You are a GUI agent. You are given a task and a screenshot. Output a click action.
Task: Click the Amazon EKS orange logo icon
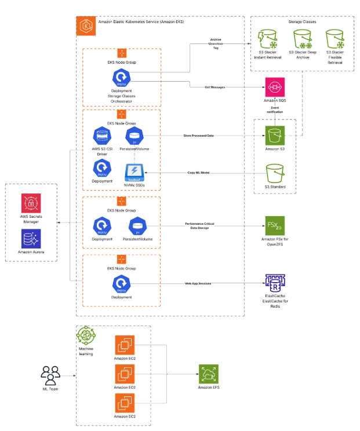point(86,27)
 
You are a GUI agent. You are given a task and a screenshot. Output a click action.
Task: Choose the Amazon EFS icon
point(209,374)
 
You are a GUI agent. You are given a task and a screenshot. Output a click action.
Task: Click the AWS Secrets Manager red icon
point(31,203)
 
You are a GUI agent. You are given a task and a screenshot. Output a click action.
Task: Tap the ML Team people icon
point(51,375)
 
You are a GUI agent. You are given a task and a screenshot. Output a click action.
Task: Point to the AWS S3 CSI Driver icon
point(103,137)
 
